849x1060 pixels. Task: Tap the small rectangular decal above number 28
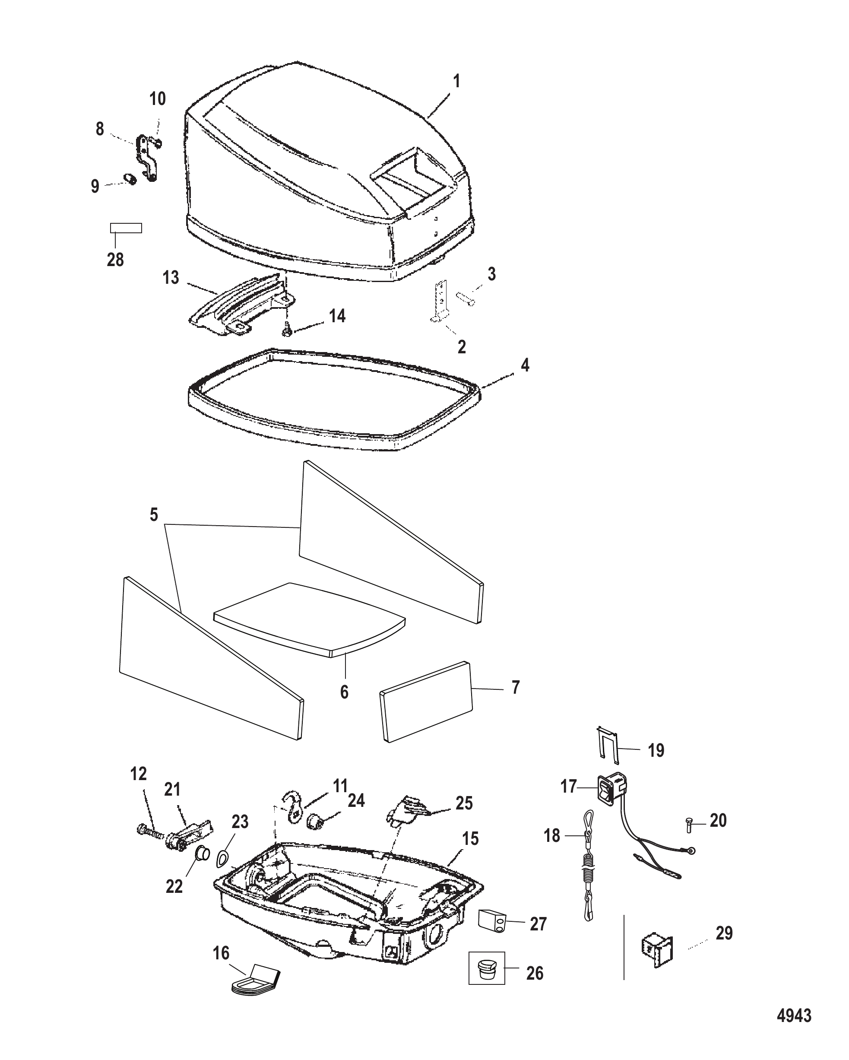125,228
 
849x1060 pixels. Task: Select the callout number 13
171,278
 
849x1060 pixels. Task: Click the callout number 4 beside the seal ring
525,365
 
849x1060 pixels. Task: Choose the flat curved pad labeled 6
310,619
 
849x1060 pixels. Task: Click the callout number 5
154,515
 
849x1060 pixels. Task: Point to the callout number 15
470,839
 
